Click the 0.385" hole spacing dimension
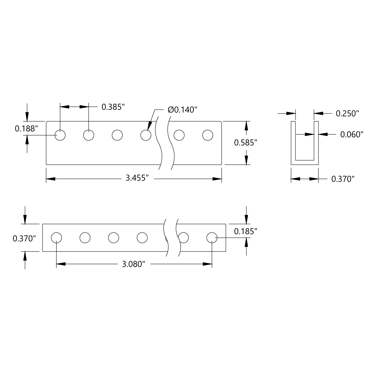click(x=113, y=107)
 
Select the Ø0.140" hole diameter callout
click(x=183, y=110)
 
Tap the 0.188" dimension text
click(x=26, y=129)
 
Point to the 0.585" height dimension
click(x=245, y=143)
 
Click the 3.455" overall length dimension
click(x=137, y=178)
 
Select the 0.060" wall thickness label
click(x=352, y=135)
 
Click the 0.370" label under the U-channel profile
click(x=343, y=179)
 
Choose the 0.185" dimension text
click(x=245, y=231)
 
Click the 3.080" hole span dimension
click(x=134, y=264)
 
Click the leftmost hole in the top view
click(x=60, y=135)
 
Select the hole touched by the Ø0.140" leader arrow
click(x=146, y=135)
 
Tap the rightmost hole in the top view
click(x=208, y=135)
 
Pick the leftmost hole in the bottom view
click(x=56, y=237)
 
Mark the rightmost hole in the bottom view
click(x=212, y=237)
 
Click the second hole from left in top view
click(x=89, y=135)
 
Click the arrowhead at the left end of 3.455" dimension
click(x=50, y=179)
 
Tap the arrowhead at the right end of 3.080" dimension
click(x=208, y=264)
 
